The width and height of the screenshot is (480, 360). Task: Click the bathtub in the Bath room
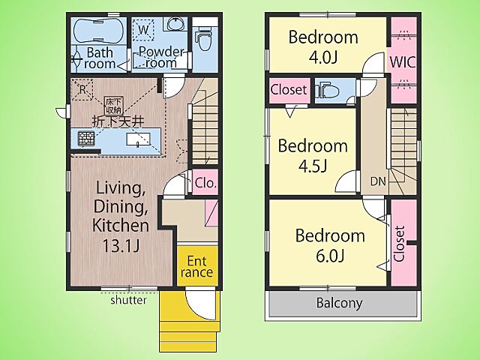[x=98, y=31]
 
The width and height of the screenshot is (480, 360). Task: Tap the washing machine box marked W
[x=143, y=30]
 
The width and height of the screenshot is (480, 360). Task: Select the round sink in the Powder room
[x=175, y=23]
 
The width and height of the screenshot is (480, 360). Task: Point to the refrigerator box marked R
[x=82, y=90]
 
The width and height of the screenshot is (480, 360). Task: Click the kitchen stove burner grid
[x=86, y=139]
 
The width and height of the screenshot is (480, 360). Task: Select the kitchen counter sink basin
[x=138, y=139]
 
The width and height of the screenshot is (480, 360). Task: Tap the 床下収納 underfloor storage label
[x=114, y=105]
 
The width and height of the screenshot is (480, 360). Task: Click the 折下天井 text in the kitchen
[x=118, y=121]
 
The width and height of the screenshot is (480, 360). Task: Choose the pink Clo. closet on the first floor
[x=205, y=181]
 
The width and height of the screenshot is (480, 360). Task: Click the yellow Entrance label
[x=196, y=267]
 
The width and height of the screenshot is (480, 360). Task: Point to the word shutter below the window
[x=128, y=300]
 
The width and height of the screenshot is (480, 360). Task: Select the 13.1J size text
[x=121, y=246]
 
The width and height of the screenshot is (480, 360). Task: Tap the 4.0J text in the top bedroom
[x=323, y=57]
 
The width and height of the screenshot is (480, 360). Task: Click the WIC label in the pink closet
[x=403, y=62]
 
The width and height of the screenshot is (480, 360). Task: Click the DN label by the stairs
[x=378, y=181]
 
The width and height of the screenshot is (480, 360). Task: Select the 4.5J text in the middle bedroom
[x=313, y=166]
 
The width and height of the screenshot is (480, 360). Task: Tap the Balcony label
[x=340, y=303]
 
